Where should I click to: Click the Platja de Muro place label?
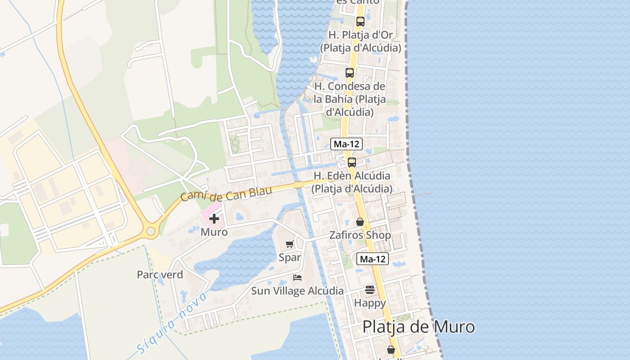[x=418, y=327]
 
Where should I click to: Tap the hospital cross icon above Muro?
[x=214, y=219]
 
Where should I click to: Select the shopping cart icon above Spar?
[x=290, y=244]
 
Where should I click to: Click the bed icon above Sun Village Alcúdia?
[x=297, y=277]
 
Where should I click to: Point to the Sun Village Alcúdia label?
[x=297, y=291]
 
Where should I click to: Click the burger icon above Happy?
[x=370, y=290]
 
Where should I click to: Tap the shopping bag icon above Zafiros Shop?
[x=360, y=222]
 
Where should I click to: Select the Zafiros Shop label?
[x=360, y=235]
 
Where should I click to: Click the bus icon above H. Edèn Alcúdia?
[x=352, y=162]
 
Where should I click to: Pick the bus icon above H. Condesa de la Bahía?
[x=350, y=73]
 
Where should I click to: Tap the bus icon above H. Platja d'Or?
[x=360, y=22]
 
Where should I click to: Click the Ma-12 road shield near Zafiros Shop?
[x=373, y=259]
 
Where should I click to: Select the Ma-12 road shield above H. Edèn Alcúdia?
[x=346, y=144]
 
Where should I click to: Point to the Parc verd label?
[x=160, y=274]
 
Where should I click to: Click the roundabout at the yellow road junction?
[x=151, y=232]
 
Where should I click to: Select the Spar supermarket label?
[x=290, y=257]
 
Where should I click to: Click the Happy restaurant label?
[x=370, y=303]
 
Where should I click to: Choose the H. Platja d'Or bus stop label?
[x=360, y=41]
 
